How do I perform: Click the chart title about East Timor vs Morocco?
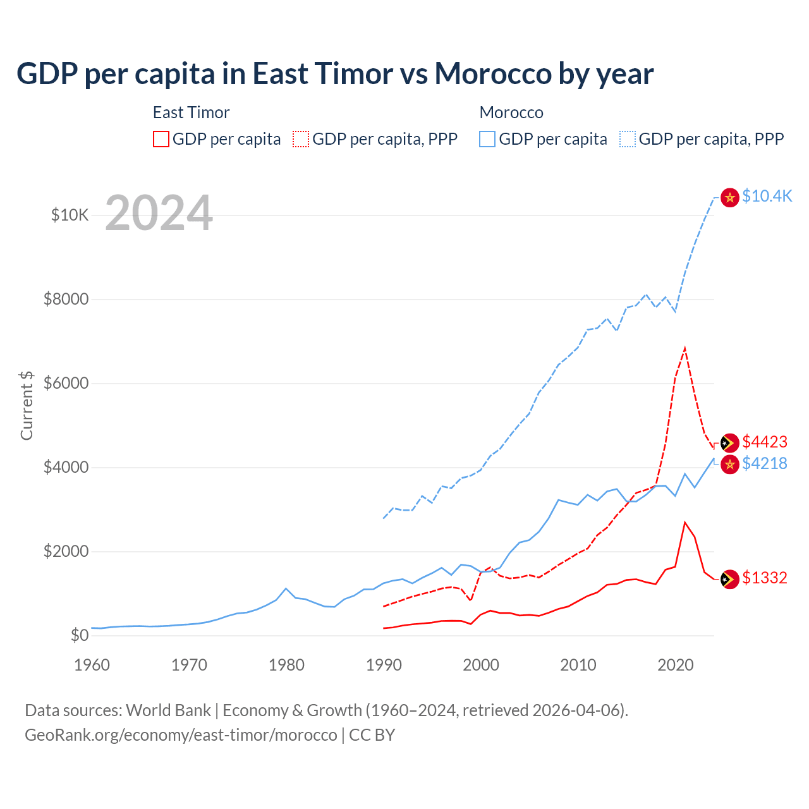tap(335, 74)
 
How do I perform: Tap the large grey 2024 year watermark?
tap(159, 214)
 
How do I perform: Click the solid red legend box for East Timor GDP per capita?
tap(161, 139)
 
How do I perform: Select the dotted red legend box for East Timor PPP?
tap(301, 139)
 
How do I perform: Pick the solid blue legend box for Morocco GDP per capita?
tap(487, 139)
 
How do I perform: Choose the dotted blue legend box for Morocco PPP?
tap(628, 139)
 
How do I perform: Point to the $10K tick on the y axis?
tap(70, 215)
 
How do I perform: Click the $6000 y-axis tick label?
tap(66, 383)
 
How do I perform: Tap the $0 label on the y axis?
tap(79, 635)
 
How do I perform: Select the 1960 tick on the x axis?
tap(92, 665)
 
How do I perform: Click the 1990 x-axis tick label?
tap(384, 665)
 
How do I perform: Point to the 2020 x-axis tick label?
tap(676, 665)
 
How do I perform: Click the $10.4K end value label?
tap(767, 197)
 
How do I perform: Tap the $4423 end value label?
tap(765, 442)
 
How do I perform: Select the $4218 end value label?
tap(765, 464)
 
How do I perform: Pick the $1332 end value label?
tap(765, 578)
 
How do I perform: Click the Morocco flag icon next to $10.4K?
tap(730, 198)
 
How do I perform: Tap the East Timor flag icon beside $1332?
tap(730, 579)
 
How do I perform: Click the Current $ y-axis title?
tap(27, 405)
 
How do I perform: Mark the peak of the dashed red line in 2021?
tap(685, 348)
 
